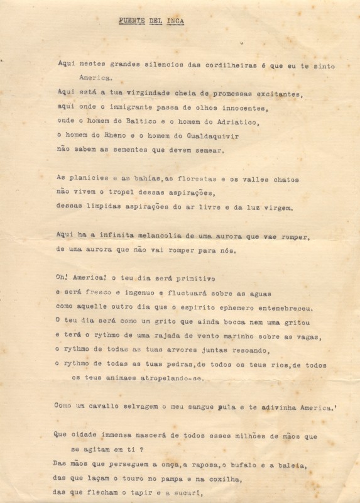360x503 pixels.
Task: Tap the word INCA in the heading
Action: pos(175,20)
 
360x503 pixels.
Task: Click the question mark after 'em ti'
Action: pos(142,450)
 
